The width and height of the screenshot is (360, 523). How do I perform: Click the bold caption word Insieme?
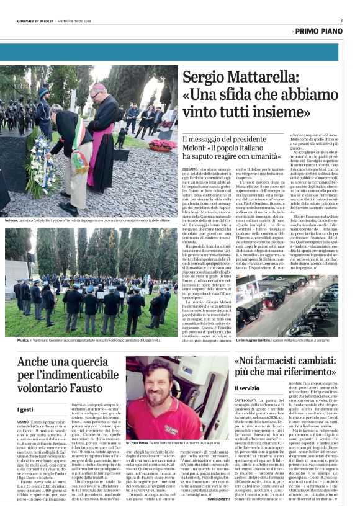[x=11, y=220]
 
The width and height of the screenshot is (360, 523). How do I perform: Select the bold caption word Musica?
[x=11, y=341]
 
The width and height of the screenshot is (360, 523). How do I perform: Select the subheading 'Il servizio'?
[x=247, y=388]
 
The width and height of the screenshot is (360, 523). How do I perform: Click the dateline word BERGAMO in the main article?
[x=190, y=168]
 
